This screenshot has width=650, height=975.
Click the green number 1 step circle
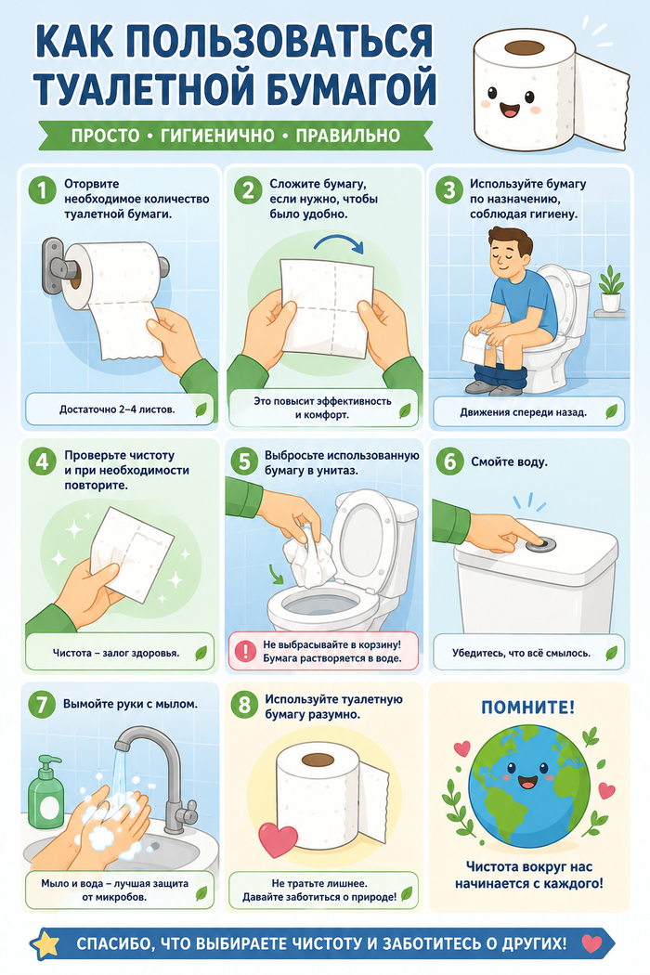point(43,189)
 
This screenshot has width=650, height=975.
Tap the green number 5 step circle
point(244,461)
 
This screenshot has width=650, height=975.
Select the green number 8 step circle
point(244,705)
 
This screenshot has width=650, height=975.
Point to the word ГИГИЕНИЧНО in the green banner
point(217,136)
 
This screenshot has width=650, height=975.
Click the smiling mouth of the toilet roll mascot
point(512,110)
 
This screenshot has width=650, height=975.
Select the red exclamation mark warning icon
point(246,651)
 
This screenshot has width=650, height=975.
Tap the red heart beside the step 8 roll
point(278,839)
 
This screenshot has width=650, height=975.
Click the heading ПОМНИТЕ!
point(528,707)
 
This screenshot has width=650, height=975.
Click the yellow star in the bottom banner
point(45,944)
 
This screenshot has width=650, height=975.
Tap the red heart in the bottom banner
point(591,944)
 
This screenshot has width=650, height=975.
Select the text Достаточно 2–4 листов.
point(117,409)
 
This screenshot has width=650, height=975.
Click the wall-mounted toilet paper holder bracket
point(54,266)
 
